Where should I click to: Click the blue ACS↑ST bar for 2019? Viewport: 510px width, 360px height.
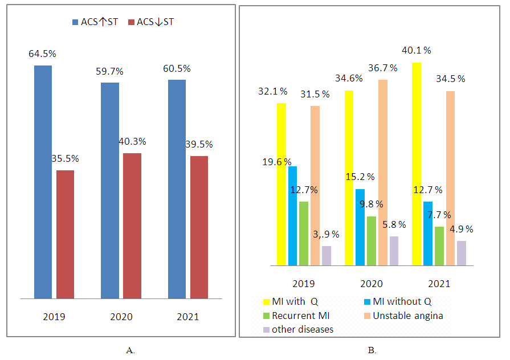43,182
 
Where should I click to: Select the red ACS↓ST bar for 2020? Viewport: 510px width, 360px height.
132,226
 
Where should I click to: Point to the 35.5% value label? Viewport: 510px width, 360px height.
65,158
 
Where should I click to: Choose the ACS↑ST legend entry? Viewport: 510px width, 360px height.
95,22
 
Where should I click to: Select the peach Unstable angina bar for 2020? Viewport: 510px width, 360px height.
383,172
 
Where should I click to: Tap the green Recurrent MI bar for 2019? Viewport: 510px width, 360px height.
304,234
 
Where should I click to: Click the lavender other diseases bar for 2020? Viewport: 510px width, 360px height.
394,251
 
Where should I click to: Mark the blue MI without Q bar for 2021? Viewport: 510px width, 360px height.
428,234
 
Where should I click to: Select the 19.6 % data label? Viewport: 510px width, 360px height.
276,162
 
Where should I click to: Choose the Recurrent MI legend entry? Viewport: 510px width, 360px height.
296,315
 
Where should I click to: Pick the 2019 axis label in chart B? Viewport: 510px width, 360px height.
303,284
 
